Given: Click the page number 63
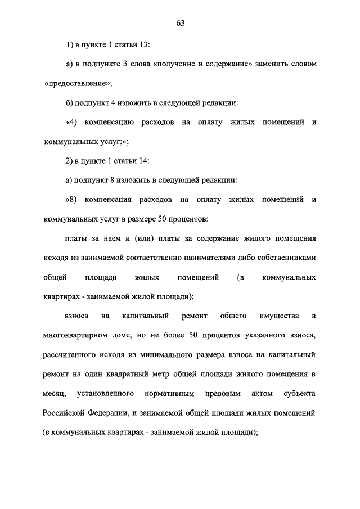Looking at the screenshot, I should click(180, 23).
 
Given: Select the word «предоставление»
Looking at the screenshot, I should click(78, 83).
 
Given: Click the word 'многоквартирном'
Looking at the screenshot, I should click(78, 336).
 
